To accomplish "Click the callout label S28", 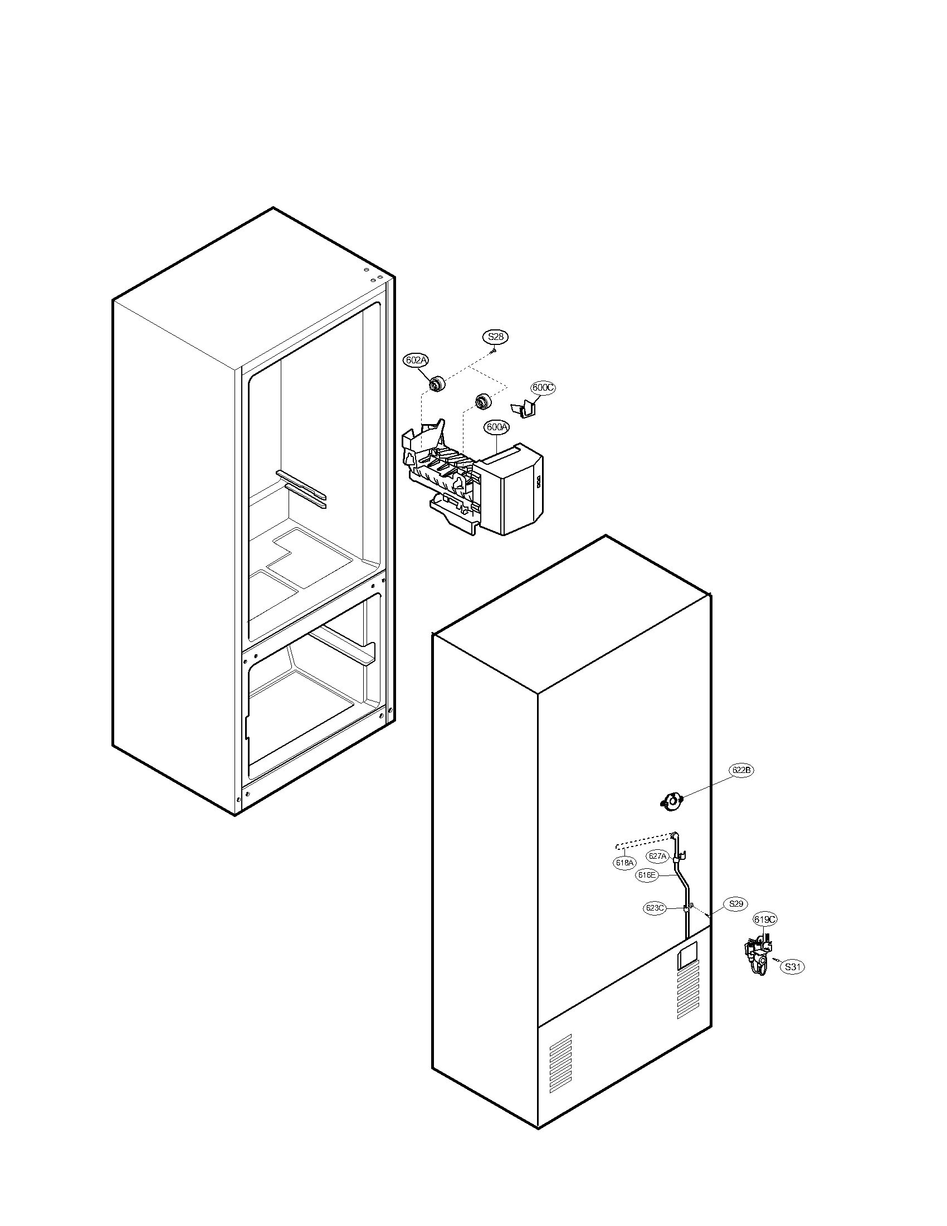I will pos(495,337).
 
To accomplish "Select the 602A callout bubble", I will pos(416,361).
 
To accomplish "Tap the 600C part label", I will pos(543,387).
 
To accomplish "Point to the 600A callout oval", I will pos(497,427).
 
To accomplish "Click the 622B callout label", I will pos(741,771).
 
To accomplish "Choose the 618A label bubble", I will pos(624,863).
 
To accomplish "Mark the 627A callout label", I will pos(657,856).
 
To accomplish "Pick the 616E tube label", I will pos(647,875).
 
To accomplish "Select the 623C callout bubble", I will pos(655,908).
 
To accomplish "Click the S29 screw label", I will pos(735,904).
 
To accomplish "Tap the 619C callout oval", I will pos(765,919).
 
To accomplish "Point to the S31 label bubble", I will pos(793,967).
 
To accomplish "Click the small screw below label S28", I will pos(493,350).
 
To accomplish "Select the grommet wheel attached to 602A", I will pos(436,384).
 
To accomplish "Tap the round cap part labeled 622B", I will pos(671,801).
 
